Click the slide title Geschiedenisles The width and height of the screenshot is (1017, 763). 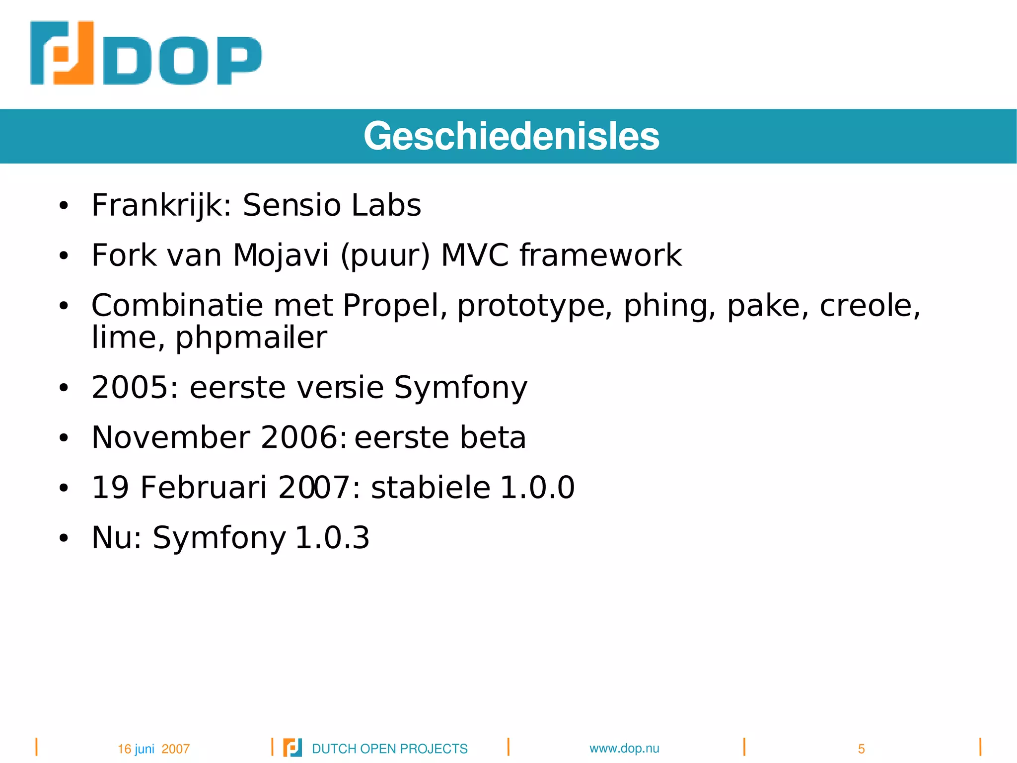(x=511, y=136)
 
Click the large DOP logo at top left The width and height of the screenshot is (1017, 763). (x=145, y=53)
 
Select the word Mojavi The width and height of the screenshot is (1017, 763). (x=281, y=255)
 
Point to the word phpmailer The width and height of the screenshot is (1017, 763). (x=251, y=338)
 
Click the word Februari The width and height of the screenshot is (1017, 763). (x=204, y=487)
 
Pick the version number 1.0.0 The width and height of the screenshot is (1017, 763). (x=537, y=487)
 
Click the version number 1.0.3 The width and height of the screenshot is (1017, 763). (x=332, y=537)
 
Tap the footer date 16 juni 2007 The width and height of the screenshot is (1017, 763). (x=153, y=749)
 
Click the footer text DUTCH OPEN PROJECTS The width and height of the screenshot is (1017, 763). (x=389, y=749)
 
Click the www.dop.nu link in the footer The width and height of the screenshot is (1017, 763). (x=624, y=748)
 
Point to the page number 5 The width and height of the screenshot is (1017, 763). (x=861, y=749)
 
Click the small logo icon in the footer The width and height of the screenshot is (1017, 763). (x=292, y=748)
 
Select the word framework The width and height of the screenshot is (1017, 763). (x=601, y=255)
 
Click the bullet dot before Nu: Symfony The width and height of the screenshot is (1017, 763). (x=63, y=538)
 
